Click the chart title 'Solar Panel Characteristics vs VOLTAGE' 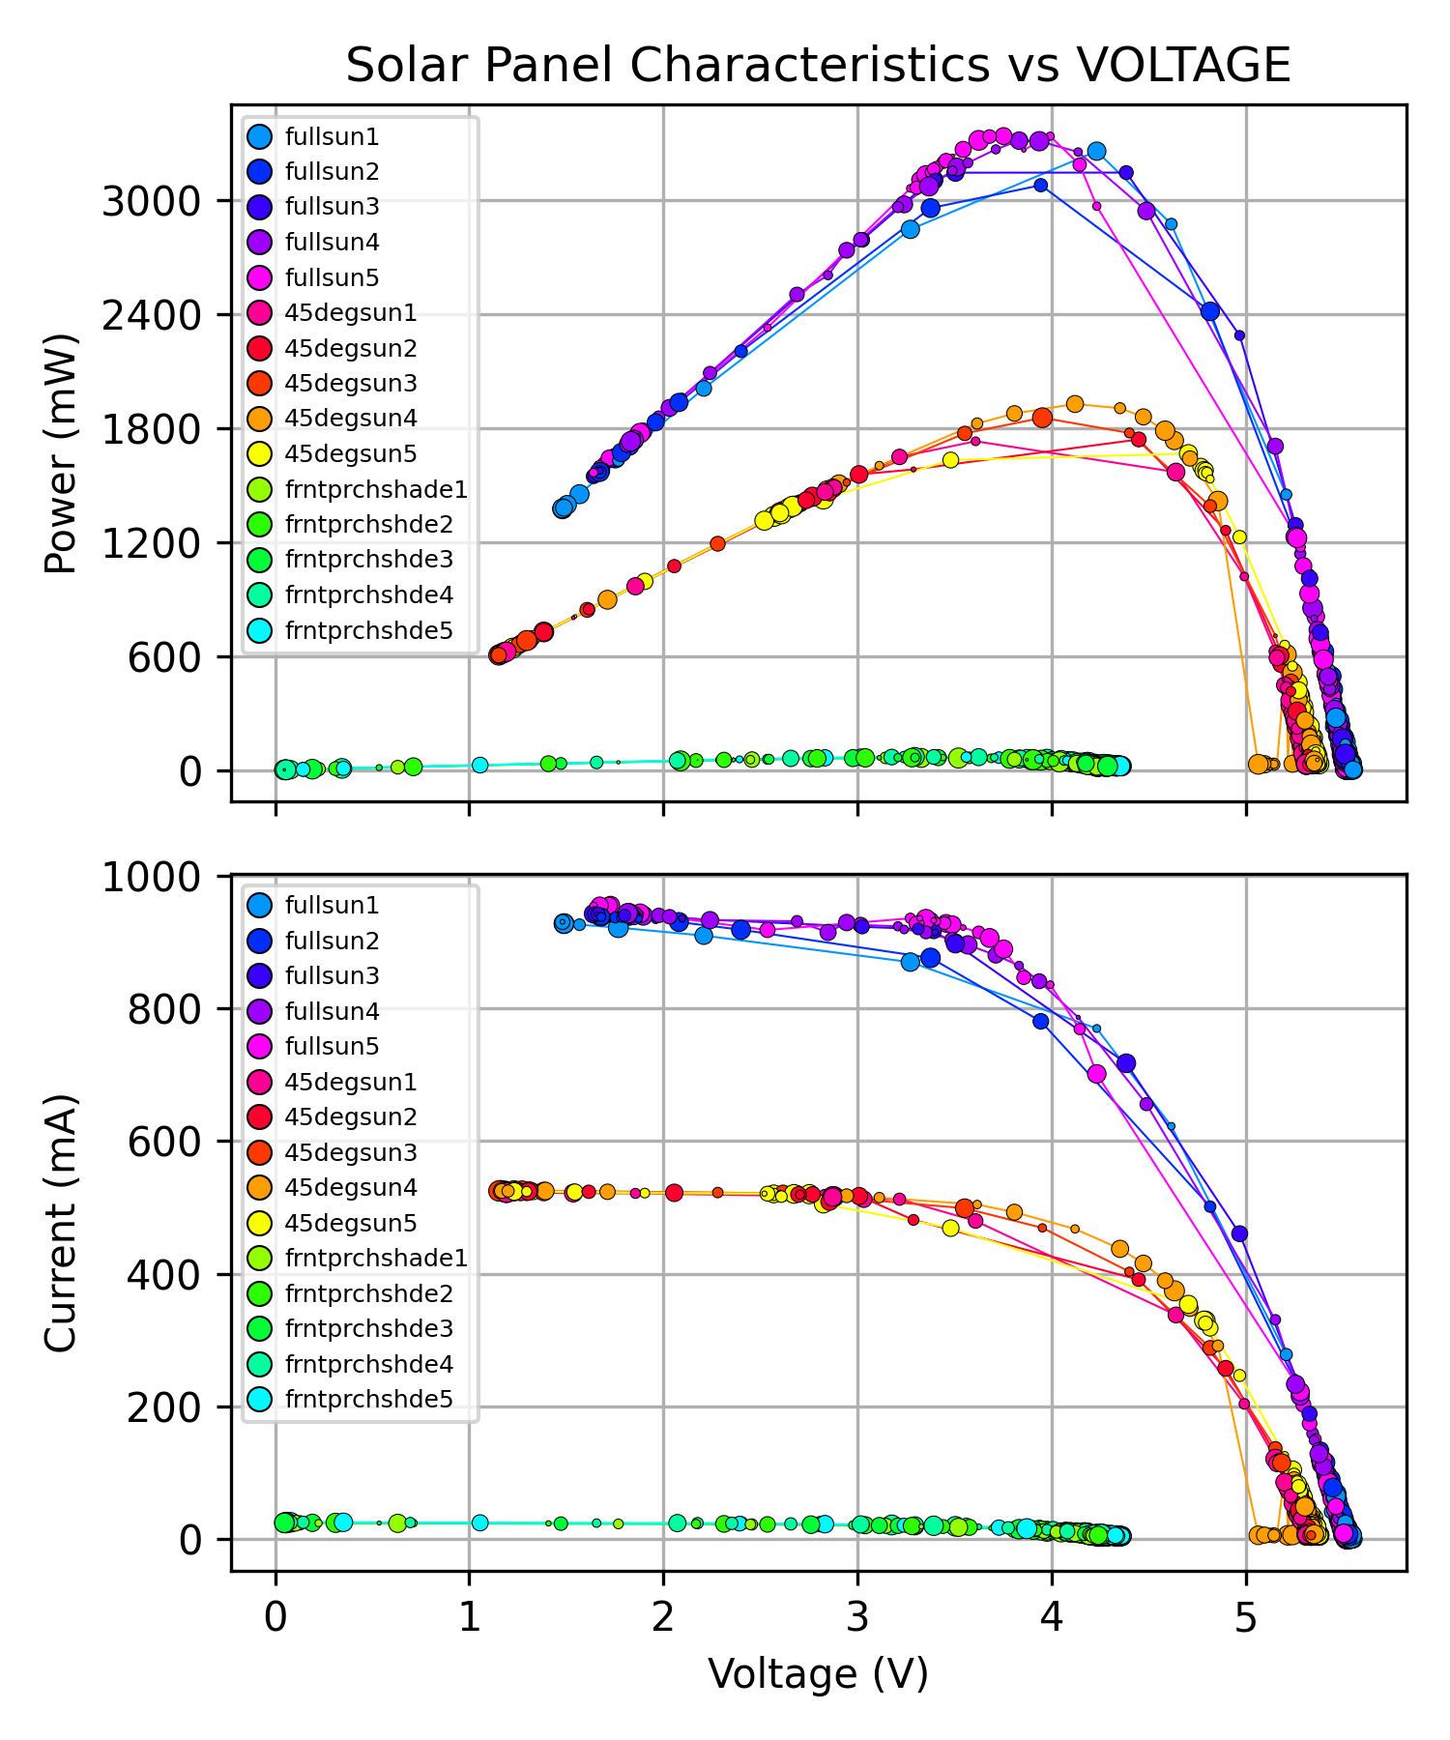(818, 66)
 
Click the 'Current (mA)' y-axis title (61, 1223)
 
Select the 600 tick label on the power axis (164, 657)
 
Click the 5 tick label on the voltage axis (1246, 1615)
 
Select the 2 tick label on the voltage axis (663, 1615)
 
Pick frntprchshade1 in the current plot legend (376, 1258)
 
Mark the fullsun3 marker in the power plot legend (259, 207)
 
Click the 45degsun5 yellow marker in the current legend (259, 1223)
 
